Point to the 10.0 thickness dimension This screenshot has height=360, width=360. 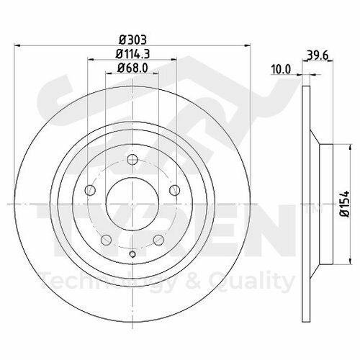click(282, 69)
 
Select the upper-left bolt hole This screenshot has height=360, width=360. click(91, 191)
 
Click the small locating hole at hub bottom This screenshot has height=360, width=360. click(132, 253)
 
